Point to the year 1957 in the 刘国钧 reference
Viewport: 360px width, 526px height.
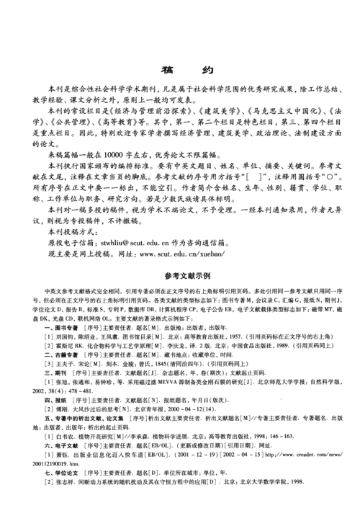[207, 336]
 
